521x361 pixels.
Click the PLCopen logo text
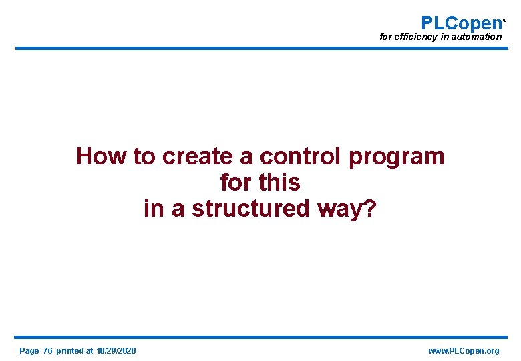pos(461,23)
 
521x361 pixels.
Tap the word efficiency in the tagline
pos(415,37)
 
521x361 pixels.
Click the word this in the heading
pos(280,183)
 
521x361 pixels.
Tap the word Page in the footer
pos(29,351)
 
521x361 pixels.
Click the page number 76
pos(47,351)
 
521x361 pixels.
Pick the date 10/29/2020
pos(116,351)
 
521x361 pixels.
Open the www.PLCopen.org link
pos(464,351)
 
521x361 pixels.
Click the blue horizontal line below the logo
pos(260,48)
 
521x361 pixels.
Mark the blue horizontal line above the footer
pos(260,337)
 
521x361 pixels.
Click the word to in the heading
pos(144,156)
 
